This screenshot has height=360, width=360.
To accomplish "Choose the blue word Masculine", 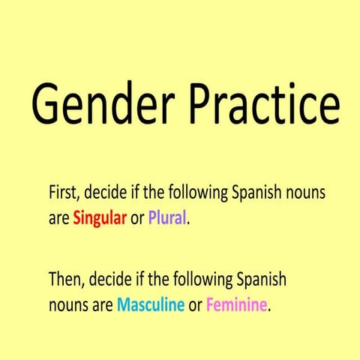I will click(151, 307).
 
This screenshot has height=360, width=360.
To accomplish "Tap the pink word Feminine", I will click(235, 307).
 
